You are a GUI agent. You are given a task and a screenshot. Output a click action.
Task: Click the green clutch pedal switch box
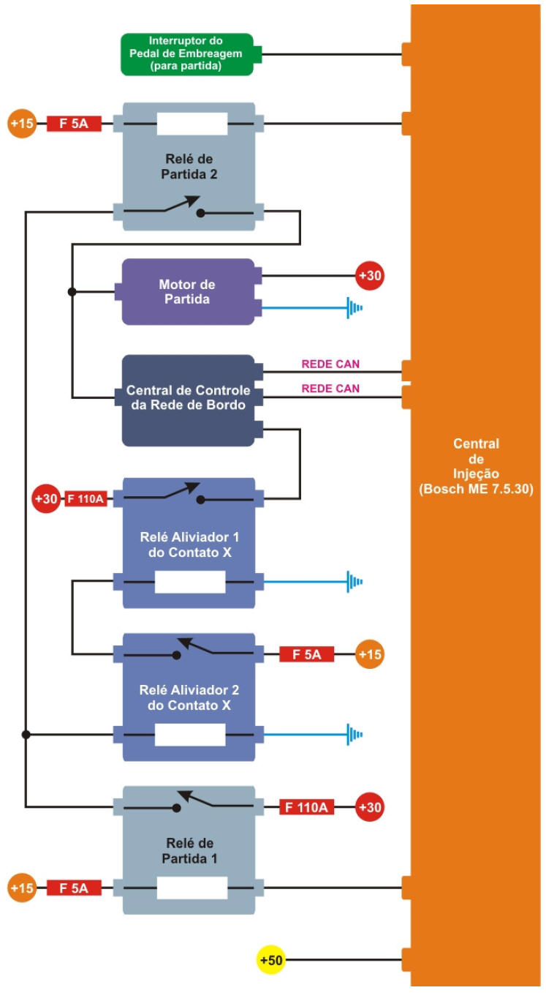[x=187, y=54]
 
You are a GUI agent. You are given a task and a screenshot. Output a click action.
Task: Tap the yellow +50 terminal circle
[x=271, y=959]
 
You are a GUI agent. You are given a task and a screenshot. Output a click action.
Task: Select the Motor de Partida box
[x=187, y=291]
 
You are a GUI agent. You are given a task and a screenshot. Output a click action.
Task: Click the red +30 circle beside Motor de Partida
[x=370, y=277]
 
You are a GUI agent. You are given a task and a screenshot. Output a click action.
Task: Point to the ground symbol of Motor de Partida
[x=355, y=307]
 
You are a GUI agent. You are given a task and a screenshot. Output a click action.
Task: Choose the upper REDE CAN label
[x=330, y=364]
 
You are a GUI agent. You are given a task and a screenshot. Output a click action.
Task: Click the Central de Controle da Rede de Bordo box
[x=187, y=400]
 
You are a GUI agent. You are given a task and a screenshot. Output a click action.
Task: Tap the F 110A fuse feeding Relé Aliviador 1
[x=86, y=500]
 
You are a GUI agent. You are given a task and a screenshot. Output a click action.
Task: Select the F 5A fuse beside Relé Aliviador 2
[x=307, y=654]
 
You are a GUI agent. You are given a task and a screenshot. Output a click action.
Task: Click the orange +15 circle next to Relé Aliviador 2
[x=370, y=654]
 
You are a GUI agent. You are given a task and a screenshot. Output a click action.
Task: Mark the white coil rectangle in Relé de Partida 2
[x=192, y=124]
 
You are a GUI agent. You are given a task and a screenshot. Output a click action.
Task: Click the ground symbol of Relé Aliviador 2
[x=355, y=734]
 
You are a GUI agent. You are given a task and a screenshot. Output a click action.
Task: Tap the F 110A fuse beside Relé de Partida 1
[x=307, y=808]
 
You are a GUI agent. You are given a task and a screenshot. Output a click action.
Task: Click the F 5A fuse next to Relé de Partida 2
[x=74, y=124]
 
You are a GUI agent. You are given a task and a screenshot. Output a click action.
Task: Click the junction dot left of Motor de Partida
[x=72, y=292]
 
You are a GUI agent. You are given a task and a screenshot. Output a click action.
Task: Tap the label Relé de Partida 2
[x=188, y=168]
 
